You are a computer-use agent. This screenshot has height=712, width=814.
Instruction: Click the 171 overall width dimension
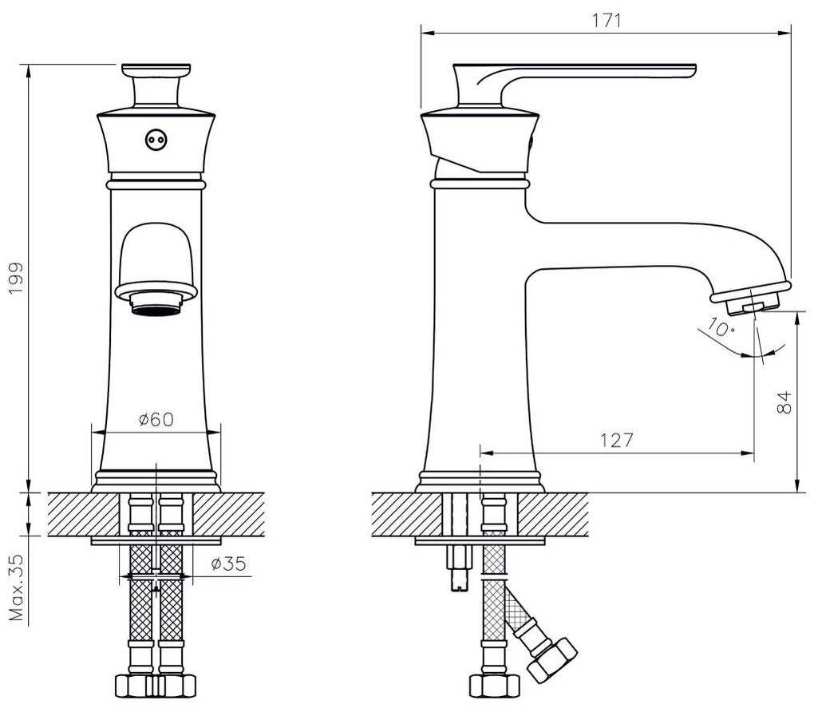[607, 20]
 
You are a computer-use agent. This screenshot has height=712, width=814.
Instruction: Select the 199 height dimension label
[17, 278]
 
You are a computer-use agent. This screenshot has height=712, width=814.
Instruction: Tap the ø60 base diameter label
[156, 419]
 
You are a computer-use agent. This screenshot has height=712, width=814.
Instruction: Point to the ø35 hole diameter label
[229, 563]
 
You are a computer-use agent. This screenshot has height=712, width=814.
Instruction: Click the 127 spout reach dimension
[617, 441]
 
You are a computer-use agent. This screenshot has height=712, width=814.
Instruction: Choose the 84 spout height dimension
[784, 402]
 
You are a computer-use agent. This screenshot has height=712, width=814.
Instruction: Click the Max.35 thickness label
[17, 588]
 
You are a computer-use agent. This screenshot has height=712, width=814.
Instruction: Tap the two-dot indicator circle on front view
[156, 140]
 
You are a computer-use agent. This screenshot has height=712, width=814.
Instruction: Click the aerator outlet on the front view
[156, 304]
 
